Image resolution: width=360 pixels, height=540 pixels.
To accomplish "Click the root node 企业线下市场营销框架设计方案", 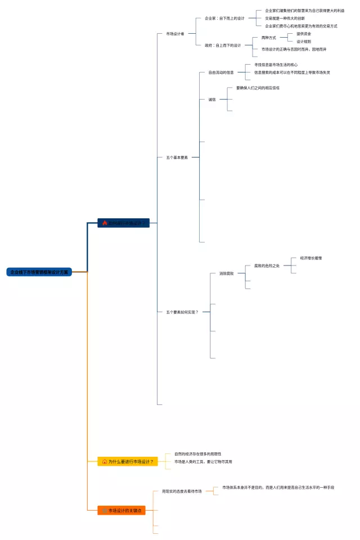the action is [x=39, y=272].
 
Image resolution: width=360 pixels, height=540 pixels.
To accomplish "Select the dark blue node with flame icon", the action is [x=124, y=223].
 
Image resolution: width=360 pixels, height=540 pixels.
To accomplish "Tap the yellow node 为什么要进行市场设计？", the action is [x=127, y=461].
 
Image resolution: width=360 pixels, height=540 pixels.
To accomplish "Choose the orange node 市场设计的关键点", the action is [x=121, y=510].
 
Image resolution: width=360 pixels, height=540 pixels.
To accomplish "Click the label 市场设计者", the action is [x=175, y=34].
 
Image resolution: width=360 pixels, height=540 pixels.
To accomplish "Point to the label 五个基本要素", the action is [x=177, y=157].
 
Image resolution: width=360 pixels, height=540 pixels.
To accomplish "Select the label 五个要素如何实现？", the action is [x=182, y=312].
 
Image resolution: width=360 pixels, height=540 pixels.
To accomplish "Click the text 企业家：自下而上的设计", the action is [x=224, y=19].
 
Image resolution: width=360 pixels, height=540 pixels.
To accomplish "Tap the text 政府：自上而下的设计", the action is [x=223, y=46].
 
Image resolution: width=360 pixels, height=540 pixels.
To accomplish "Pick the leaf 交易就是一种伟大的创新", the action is [x=285, y=19].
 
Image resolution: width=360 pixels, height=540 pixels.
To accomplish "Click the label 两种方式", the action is [x=268, y=38].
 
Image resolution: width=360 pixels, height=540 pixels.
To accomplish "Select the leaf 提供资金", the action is [x=304, y=34].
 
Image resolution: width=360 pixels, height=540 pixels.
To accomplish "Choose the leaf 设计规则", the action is [x=304, y=42].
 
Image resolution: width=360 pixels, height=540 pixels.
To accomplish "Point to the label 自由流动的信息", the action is [x=221, y=73].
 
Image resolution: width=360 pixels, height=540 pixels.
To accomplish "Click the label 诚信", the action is [x=212, y=100].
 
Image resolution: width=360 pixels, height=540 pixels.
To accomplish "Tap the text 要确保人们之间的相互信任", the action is [x=258, y=88].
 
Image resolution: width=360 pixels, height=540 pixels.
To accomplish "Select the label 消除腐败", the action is [x=226, y=273].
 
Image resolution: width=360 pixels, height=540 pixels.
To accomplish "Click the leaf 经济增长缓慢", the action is [x=311, y=258].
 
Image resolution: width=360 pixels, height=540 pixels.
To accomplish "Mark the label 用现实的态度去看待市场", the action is [x=182, y=491].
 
